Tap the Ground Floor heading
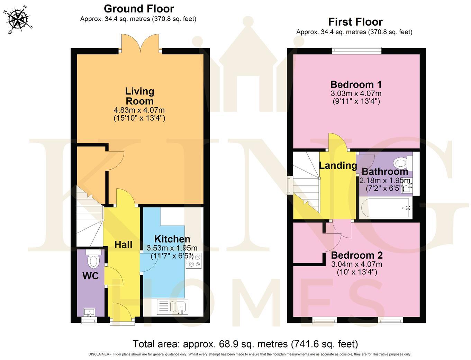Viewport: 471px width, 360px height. (x=139, y=9)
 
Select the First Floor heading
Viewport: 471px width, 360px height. (x=355, y=22)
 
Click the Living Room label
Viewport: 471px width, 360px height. (x=139, y=96)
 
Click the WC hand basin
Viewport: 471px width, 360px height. (x=89, y=312)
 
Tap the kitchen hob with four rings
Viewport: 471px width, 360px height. (x=193, y=261)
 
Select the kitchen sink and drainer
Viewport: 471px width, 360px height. (x=173, y=307)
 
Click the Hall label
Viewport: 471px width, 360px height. (x=123, y=244)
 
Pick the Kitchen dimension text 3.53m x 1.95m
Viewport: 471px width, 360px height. (x=172, y=248)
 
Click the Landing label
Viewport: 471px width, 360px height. (x=338, y=166)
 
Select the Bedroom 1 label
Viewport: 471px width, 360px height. (x=356, y=84)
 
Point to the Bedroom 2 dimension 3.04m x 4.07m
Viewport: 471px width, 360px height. (x=357, y=264)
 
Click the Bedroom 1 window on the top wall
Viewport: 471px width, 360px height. (x=356, y=50)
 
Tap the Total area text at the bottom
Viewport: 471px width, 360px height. (x=245, y=344)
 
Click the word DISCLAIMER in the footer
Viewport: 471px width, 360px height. (x=99, y=354)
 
